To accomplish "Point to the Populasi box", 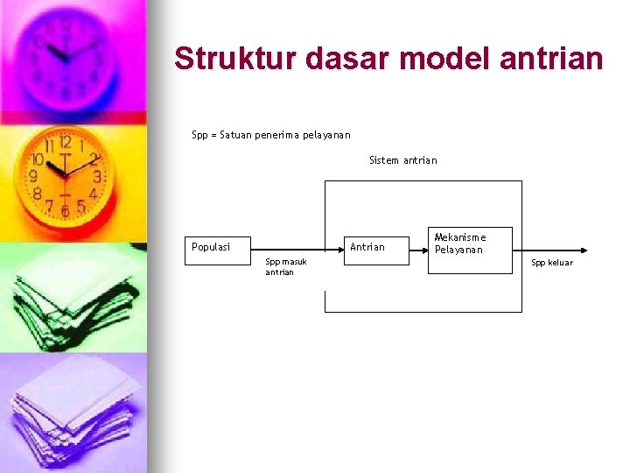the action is tap(219, 247).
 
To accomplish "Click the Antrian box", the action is tap(374, 247).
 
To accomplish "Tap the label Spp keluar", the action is tap(552, 263).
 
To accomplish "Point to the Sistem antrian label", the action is tap(402, 160).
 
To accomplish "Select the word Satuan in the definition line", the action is tap(234, 135).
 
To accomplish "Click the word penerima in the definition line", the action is tap(277, 135).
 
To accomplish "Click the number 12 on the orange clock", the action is tap(65, 143).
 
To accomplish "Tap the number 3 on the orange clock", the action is tap(97, 177).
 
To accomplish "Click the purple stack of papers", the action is tap(74, 412).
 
